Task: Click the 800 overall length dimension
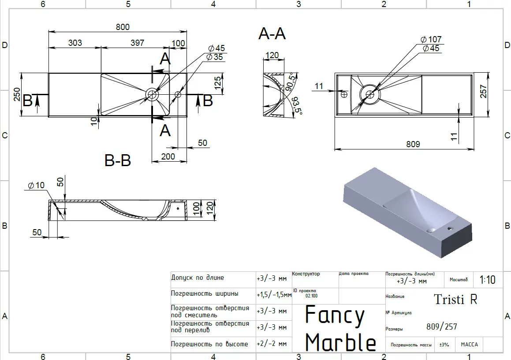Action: (123, 27)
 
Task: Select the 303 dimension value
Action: (75, 43)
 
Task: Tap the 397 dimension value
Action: (138, 43)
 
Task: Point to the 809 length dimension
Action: (413, 144)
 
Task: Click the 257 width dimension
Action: (483, 91)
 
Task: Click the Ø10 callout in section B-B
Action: (36, 186)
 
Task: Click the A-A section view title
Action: (272, 33)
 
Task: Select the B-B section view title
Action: (118, 160)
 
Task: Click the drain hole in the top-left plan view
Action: (152, 94)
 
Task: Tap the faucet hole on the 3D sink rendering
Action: (450, 229)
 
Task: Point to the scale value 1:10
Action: (487, 280)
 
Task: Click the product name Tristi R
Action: (455, 299)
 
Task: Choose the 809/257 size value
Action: (442, 327)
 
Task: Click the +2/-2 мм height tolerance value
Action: (272, 344)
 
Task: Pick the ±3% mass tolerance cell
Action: (444, 345)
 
